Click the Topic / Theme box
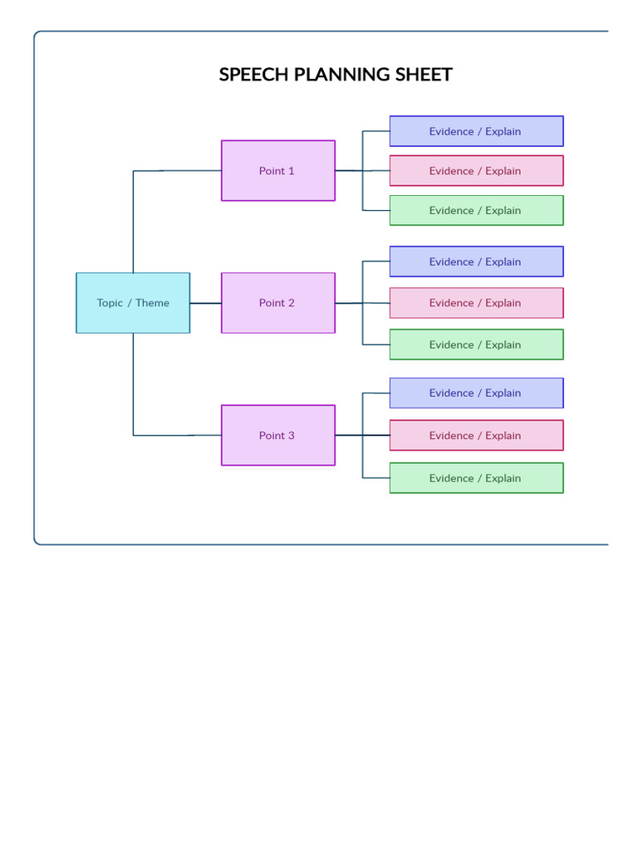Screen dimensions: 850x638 (x=133, y=303)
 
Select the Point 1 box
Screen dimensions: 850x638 (x=277, y=171)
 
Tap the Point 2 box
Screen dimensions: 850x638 (x=277, y=303)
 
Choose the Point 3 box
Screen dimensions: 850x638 (x=277, y=435)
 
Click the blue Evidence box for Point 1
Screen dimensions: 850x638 (x=476, y=131)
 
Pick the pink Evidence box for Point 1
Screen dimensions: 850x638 (x=476, y=171)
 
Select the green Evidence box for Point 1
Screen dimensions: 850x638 (x=476, y=211)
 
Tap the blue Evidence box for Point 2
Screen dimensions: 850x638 (x=476, y=261)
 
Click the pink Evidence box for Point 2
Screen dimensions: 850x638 (x=476, y=303)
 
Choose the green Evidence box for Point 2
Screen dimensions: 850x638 (x=476, y=344)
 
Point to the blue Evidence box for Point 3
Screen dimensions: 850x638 (x=476, y=393)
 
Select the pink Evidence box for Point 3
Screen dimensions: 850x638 (x=476, y=436)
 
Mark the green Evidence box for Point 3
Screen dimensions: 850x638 (x=476, y=478)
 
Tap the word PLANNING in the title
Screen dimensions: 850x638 (x=342, y=75)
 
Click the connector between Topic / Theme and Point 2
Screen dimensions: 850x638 (x=205, y=303)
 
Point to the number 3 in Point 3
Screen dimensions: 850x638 (x=291, y=436)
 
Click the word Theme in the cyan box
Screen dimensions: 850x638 (x=153, y=303)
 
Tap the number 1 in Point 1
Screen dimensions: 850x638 (x=291, y=171)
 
